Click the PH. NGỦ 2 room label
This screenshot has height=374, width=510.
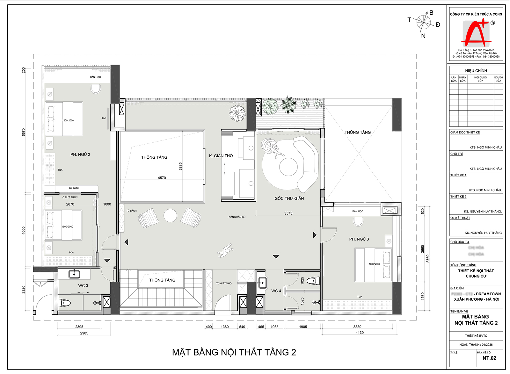tap(80, 155)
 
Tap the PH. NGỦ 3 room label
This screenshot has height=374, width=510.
tap(359, 239)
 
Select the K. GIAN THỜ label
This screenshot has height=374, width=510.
tap(221, 156)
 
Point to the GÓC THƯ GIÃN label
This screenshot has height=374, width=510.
tap(289, 198)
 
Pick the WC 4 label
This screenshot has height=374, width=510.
tap(276, 291)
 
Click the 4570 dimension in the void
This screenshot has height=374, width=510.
tap(162, 178)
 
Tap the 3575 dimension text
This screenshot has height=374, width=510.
tap(288, 213)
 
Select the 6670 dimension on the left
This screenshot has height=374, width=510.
tap(23, 133)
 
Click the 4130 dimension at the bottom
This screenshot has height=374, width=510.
tap(360, 333)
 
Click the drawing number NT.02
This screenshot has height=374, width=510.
tap(489, 358)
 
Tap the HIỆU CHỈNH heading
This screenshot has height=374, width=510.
tap(476, 71)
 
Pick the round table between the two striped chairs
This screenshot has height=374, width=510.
tap(170, 216)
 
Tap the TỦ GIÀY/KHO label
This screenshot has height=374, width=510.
tap(224, 283)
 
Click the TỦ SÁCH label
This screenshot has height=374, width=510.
tap(131, 211)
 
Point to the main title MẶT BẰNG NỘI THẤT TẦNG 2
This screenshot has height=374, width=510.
tap(234, 352)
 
